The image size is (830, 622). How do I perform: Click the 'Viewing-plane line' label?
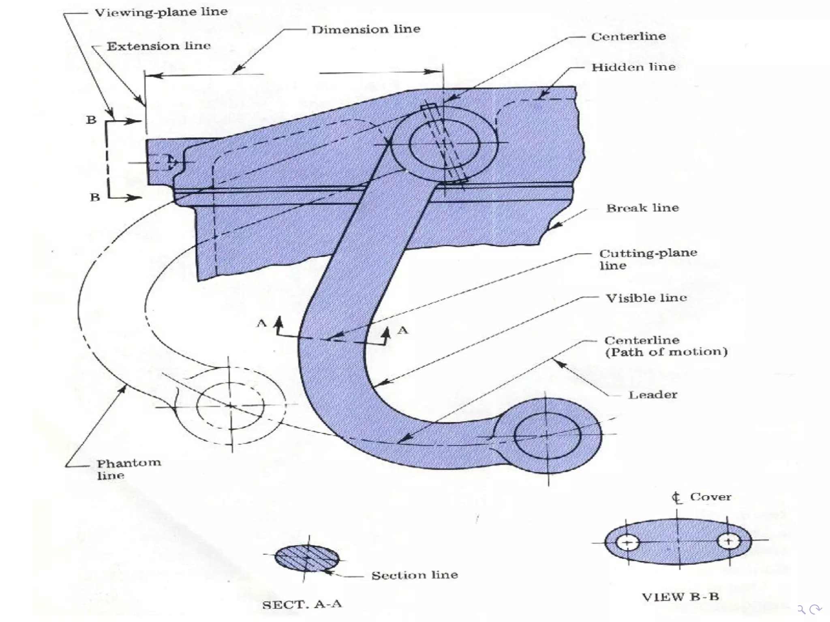(161, 12)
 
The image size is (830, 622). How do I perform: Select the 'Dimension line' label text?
(366, 29)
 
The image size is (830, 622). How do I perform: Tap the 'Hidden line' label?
(633, 67)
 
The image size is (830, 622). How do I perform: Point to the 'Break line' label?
(642, 208)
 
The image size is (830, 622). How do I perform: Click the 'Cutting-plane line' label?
(648, 259)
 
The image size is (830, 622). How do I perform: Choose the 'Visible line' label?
(646, 298)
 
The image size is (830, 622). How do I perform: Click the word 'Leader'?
(652, 395)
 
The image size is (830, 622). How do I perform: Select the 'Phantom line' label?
(128, 469)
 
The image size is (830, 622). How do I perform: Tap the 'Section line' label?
(414, 575)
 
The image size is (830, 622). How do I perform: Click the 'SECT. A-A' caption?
(302, 605)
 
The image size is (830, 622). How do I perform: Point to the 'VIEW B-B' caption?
(680, 596)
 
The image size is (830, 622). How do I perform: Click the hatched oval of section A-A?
(307, 558)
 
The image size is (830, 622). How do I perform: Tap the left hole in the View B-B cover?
(628, 542)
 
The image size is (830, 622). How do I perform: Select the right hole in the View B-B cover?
(729, 541)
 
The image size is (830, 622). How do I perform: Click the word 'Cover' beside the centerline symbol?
(710, 497)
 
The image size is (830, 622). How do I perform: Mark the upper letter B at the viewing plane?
(91, 120)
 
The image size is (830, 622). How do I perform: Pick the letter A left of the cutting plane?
(262, 323)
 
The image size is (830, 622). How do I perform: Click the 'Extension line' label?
(158, 46)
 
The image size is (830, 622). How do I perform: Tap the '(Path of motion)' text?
(666, 352)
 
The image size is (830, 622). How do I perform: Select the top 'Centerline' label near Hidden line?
(628, 36)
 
